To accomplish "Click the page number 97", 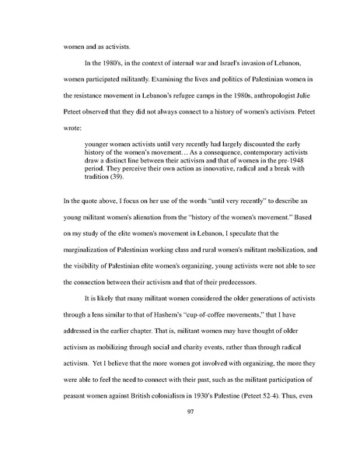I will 180,433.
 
